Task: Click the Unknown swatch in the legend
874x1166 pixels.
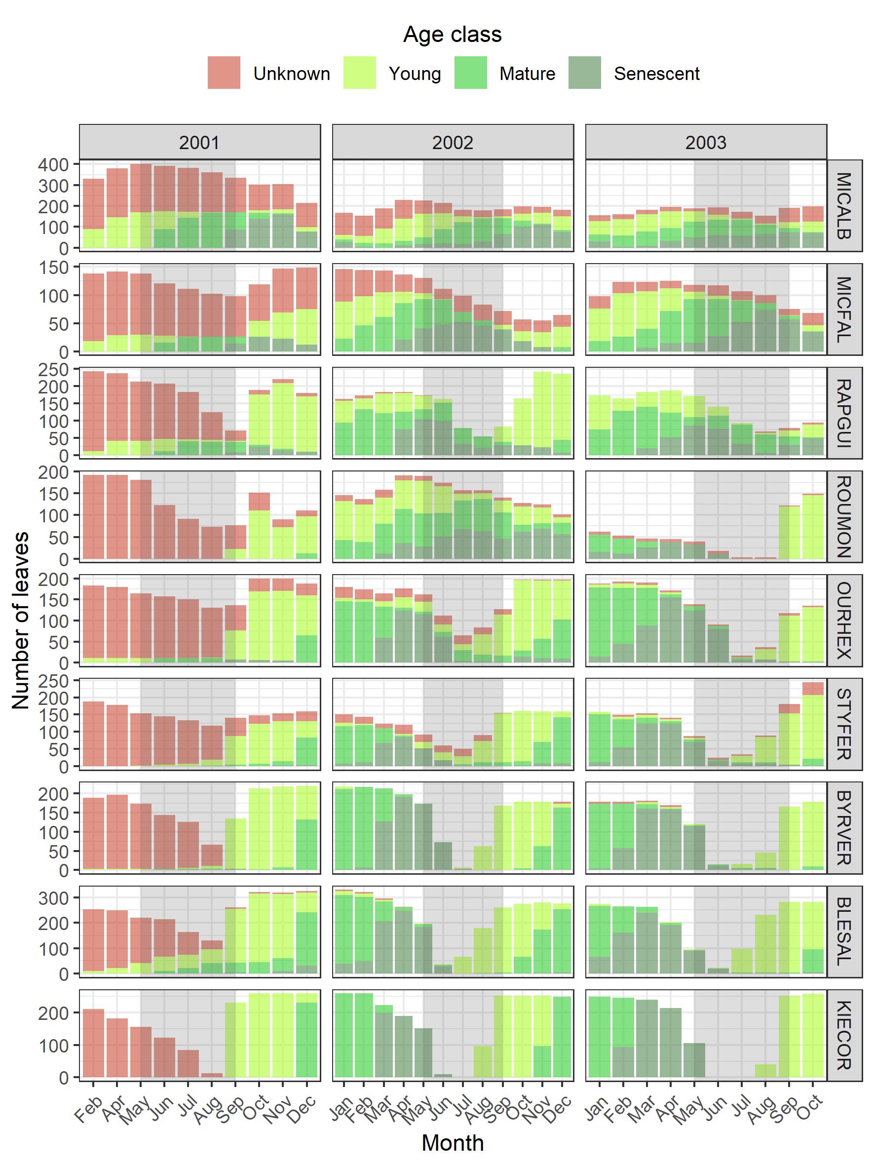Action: click(224, 73)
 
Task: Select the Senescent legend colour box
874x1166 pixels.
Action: click(584, 73)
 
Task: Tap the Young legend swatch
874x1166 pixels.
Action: click(359, 73)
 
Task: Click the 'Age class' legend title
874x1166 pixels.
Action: click(452, 35)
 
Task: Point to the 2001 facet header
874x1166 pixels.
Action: click(200, 142)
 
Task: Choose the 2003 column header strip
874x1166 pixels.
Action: click(705, 142)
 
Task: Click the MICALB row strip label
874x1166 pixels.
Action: click(844, 205)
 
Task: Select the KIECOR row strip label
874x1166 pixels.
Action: click(844, 1035)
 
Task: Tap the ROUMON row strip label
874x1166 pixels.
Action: click(844, 516)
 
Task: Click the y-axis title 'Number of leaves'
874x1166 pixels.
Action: click(21, 620)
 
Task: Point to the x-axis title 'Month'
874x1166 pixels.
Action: click(452, 1143)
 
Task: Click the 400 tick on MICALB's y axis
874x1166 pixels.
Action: click(53, 164)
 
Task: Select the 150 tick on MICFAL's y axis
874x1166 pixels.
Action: click(53, 268)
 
